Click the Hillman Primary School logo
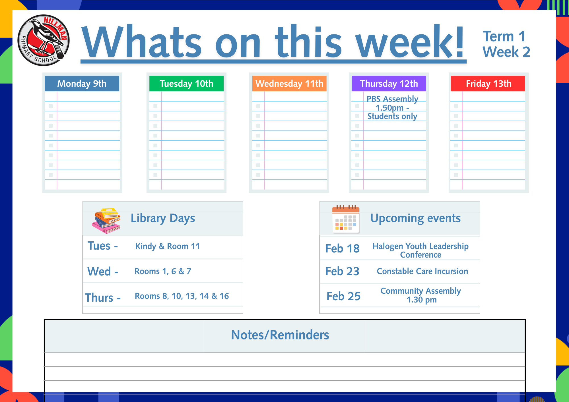(x=44, y=40)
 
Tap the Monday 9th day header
(x=82, y=83)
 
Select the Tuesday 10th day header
(x=186, y=83)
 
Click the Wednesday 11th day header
(x=289, y=83)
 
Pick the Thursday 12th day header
(x=389, y=83)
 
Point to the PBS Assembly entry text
(x=392, y=107)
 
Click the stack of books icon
(x=106, y=221)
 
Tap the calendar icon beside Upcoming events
(x=346, y=219)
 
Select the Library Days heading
(x=163, y=218)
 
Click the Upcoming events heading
(x=415, y=218)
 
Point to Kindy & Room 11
(x=168, y=246)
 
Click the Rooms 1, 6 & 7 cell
(x=163, y=271)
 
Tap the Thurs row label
(x=103, y=298)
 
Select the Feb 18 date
(x=343, y=248)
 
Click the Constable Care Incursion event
(x=422, y=271)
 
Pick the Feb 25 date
(x=343, y=296)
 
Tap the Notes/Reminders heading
(x=280, y=335)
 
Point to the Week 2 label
(x=506, y=52)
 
